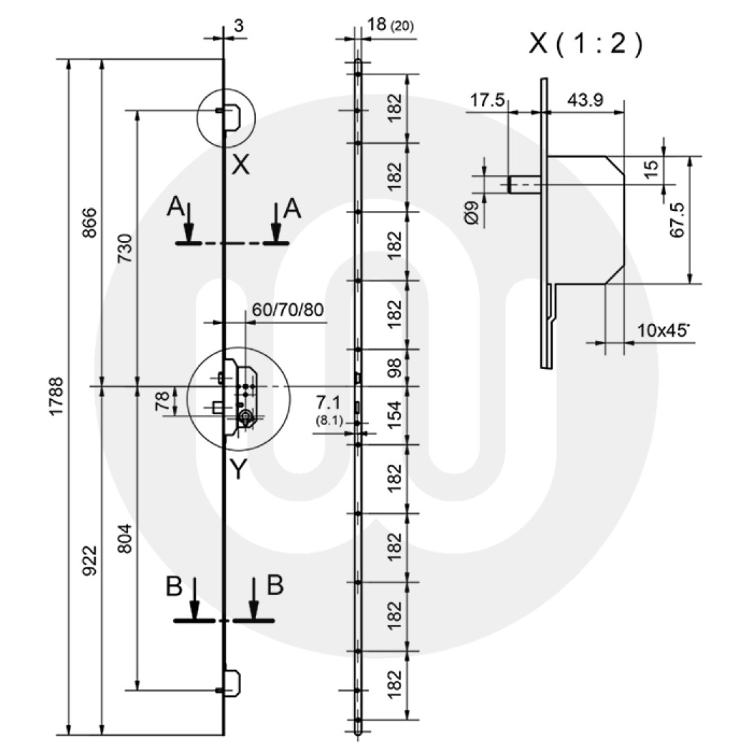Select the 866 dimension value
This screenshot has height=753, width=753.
90,222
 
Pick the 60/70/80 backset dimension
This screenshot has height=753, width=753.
288,309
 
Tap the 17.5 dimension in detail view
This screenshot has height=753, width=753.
487,101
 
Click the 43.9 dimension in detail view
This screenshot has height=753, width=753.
585,101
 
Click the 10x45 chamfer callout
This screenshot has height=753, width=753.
663,330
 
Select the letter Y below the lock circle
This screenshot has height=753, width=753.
237,468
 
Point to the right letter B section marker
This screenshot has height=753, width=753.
274,585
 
